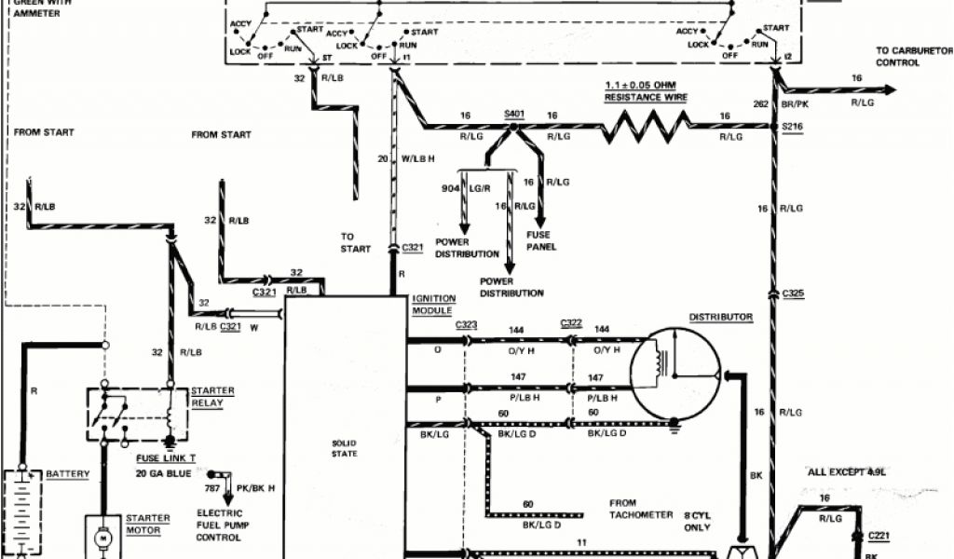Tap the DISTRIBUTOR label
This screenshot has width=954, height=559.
(x=720, y=317)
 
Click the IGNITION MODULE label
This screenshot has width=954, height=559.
(x=432, y=305)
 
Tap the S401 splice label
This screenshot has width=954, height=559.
(x=514, y=114)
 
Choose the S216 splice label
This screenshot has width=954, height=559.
(x=792, y=124)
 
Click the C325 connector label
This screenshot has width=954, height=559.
(x=793, y=293)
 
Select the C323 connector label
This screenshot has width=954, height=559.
(x=467, y=323)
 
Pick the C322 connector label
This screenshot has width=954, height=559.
(x=571, y=323)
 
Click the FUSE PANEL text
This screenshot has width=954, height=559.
(x=541, y=240)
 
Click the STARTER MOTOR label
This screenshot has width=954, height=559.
(x=147, y=525)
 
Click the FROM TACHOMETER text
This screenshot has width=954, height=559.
(x=641, y=509)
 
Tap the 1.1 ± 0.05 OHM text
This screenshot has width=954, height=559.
(x=646, y=85)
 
